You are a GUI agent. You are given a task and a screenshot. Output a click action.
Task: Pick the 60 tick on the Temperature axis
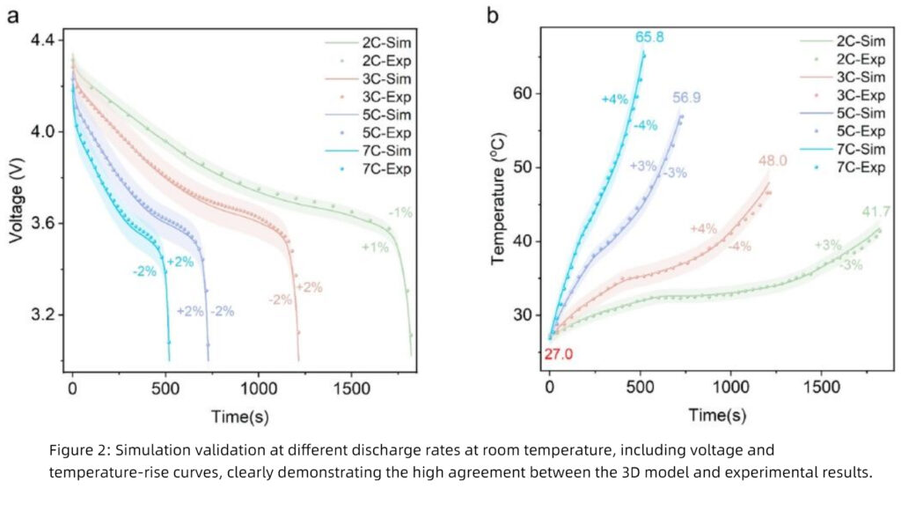(x=525, y=93)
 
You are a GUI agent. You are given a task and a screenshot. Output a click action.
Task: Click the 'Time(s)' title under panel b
(x=717, y=415)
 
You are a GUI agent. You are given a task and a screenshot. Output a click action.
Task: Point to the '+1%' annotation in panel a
(x=376, y=248)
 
